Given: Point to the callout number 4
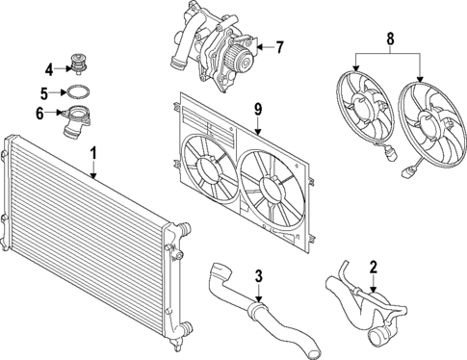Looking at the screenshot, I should point(48,68).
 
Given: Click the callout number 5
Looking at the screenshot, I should point(46,93).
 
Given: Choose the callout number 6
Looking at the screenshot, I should point(40,114).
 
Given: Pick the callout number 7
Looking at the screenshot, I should point(279,45).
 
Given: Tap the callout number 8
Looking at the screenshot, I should point(389,41).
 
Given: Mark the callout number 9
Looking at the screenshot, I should point(258,109).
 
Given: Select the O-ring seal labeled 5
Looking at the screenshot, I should point(75,93).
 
